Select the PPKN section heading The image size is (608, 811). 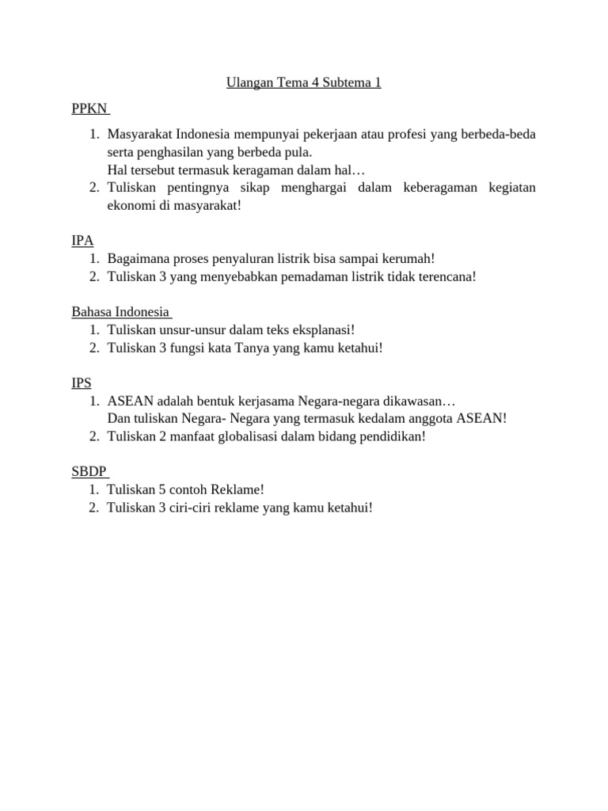click(x=89, y=108)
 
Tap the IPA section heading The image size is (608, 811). click(x=82, y=240)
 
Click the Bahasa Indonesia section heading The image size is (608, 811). click(x=120, y=311)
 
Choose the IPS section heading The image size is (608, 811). click(x=82, y=383)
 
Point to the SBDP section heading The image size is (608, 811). click(x=89, y=471)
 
